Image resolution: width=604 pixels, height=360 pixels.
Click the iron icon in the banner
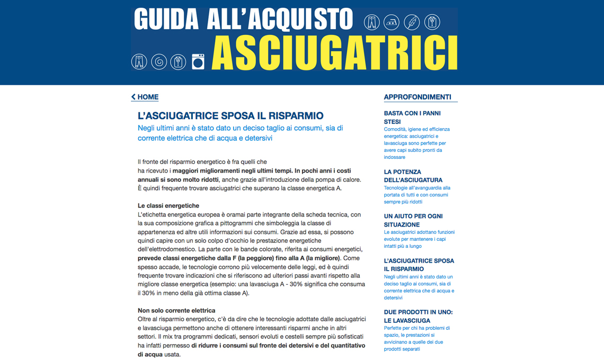point(392,22)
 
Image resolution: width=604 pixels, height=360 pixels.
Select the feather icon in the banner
point(412,22)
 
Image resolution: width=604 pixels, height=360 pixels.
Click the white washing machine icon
point(198,62)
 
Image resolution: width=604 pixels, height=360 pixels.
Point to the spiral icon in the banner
point(159,62)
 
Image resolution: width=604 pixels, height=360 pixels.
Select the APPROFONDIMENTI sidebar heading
point(418,97)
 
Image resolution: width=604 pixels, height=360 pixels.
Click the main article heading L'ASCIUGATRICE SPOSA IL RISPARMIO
point(230,116)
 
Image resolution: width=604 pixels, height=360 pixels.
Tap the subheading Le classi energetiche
point(168,205)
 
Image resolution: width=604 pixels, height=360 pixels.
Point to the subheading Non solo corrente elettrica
point(176,310)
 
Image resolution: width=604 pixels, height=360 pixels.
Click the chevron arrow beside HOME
point(134,97)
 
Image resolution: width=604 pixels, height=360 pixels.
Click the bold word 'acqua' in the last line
point(150,354)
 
